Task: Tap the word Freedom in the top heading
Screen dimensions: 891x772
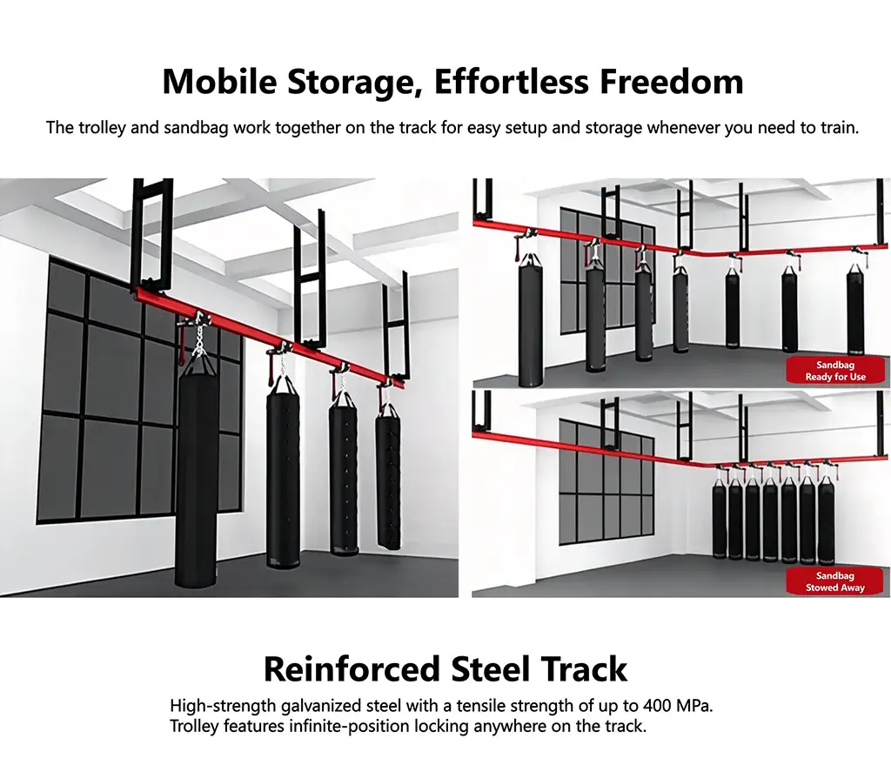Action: pos(672,81)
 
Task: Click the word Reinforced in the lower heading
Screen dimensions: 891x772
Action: pos(352,669)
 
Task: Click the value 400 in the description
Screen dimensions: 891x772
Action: pos(658,706)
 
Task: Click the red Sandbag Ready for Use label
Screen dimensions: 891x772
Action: pos(834,371)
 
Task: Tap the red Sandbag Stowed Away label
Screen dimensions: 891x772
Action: pos(834,581)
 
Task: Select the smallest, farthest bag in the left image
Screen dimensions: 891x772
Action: pos(388,475)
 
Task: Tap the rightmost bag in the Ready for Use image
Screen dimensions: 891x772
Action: pos(855,309)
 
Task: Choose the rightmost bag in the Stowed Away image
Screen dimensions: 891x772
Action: pos(825,520)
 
